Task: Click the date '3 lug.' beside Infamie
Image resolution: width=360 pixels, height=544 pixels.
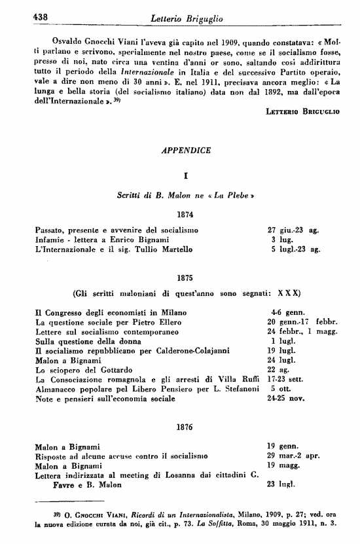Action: pos(279,240)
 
